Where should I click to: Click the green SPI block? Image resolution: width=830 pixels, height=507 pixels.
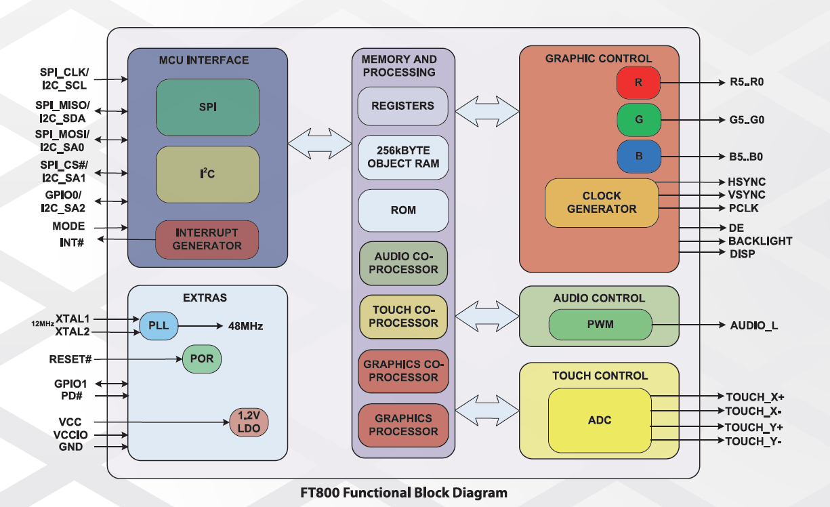click(x=207, y=107)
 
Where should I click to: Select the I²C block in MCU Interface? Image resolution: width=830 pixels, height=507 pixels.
click(x=207, y=174)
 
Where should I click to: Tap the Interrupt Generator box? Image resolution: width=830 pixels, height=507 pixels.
click(x=207, y=239)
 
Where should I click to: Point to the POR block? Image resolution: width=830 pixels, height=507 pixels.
click(x=201, y=359)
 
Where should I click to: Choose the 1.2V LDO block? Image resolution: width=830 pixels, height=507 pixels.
click(x=249, y=422)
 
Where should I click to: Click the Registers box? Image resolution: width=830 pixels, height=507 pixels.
click(x=403, y=106)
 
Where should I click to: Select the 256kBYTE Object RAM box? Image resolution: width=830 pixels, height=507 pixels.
click(x=403, y=157)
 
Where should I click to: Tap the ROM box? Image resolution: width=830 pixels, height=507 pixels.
click(x=403, y=210)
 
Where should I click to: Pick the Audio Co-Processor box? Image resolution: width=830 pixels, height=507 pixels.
click(x=403, y=263)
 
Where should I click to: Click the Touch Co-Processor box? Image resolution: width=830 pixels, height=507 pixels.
click(x=403, y=317)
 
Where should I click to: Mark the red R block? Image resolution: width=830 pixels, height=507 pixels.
click(x=638, y=83)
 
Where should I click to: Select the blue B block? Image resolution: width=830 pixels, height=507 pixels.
click(x=638, y=157)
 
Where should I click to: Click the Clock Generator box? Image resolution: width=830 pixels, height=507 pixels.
click(x=602, y=203)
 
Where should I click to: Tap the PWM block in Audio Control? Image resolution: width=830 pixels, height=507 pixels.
click(x=600, y=325)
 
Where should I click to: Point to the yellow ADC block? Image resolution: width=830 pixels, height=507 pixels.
click(x=600, y=420)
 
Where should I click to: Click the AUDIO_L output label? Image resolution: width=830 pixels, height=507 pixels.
click(x=754, y=326)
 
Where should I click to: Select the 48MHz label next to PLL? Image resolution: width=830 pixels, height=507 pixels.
click(x=245, y=326)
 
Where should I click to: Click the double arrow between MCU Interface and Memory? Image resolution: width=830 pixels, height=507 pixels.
click(x=320, y=143)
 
